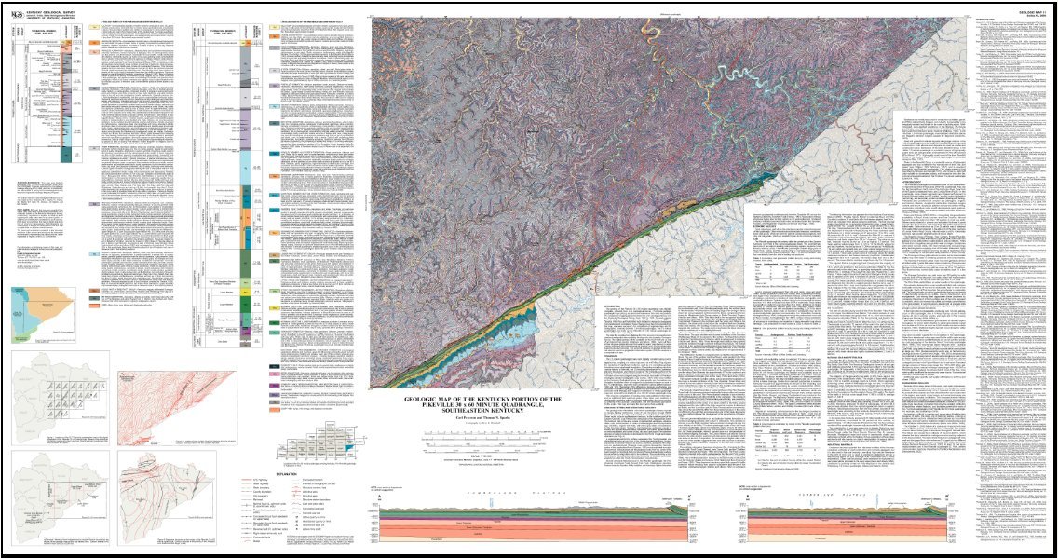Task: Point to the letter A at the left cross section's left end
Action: tap(381, 497)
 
